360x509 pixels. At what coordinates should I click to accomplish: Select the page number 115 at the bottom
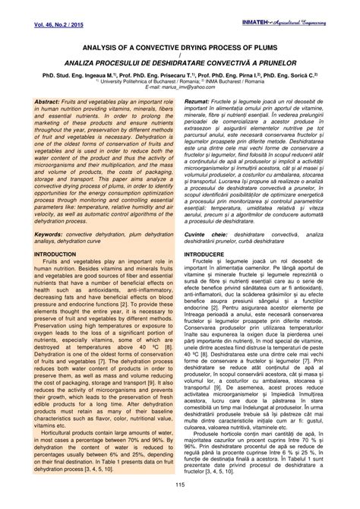click(x=179, y=484)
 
